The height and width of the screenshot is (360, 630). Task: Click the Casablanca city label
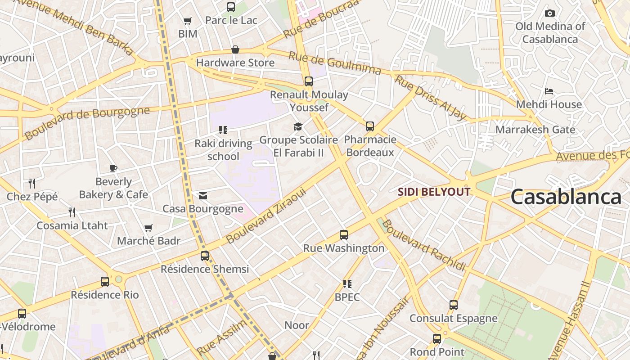pos(566,197)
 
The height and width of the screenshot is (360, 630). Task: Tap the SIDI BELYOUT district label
pos(434,192)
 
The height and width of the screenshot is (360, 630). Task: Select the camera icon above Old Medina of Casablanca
pos(549,13)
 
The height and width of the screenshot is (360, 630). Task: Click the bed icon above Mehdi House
pos(549,91)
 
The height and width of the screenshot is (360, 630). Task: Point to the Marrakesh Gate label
pos(535,130)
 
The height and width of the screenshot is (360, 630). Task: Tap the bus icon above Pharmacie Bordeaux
pos(370,126)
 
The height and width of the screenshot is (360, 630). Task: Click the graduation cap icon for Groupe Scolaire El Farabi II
pos(298,127)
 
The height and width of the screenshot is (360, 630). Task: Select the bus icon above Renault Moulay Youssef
pos(309,81)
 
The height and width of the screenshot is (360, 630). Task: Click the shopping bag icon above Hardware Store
pos(235,49)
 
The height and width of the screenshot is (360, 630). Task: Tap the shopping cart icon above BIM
pos(187,21)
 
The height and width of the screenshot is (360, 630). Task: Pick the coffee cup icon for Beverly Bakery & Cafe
pos(113,169)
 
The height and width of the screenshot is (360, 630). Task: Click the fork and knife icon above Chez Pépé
pos(32,183)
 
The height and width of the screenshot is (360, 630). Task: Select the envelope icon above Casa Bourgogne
pos(203,196)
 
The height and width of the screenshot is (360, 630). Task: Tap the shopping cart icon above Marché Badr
pos(148,228)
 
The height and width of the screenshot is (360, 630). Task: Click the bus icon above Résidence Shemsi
pos(205,256)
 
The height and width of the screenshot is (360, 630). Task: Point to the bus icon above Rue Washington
pos(344,235)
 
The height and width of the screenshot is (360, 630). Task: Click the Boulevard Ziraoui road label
pos(266,216)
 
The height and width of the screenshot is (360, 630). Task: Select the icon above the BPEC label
pos(347,284)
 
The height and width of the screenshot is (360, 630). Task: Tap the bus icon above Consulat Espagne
pos(454,305)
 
